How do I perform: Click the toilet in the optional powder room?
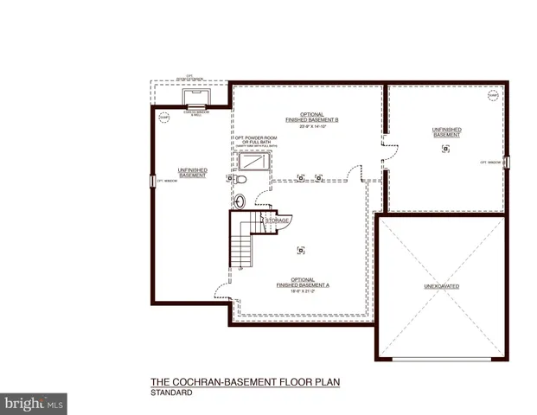pyautogui.click(x=243, y=180)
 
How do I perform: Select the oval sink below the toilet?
pyautogui.click(x=240, y=201)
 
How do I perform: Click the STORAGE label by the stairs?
pyautogui.click(x=277, y=220)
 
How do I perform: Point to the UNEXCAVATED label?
pyautogui.click(x=441, y=285)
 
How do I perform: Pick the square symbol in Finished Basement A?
pyautogui.click(x=301, y=250)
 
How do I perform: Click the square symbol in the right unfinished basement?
pyautogui.click(x=445, y=149)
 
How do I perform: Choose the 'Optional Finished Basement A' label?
pyautogui.click(x=303, y=282)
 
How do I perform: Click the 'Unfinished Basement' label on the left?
pyautogui.click(x=192, y=172)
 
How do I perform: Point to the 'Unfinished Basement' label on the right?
pyautogui.click(x=446, y=131)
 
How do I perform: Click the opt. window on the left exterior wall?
pyautogui.click(x=155, y=181)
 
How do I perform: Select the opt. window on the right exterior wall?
pyautogui.click(x=508, y=161)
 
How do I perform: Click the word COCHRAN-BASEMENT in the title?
pyautogui.click(x=227, y=381)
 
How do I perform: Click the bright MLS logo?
pyautogui.click(x=34, y=402)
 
